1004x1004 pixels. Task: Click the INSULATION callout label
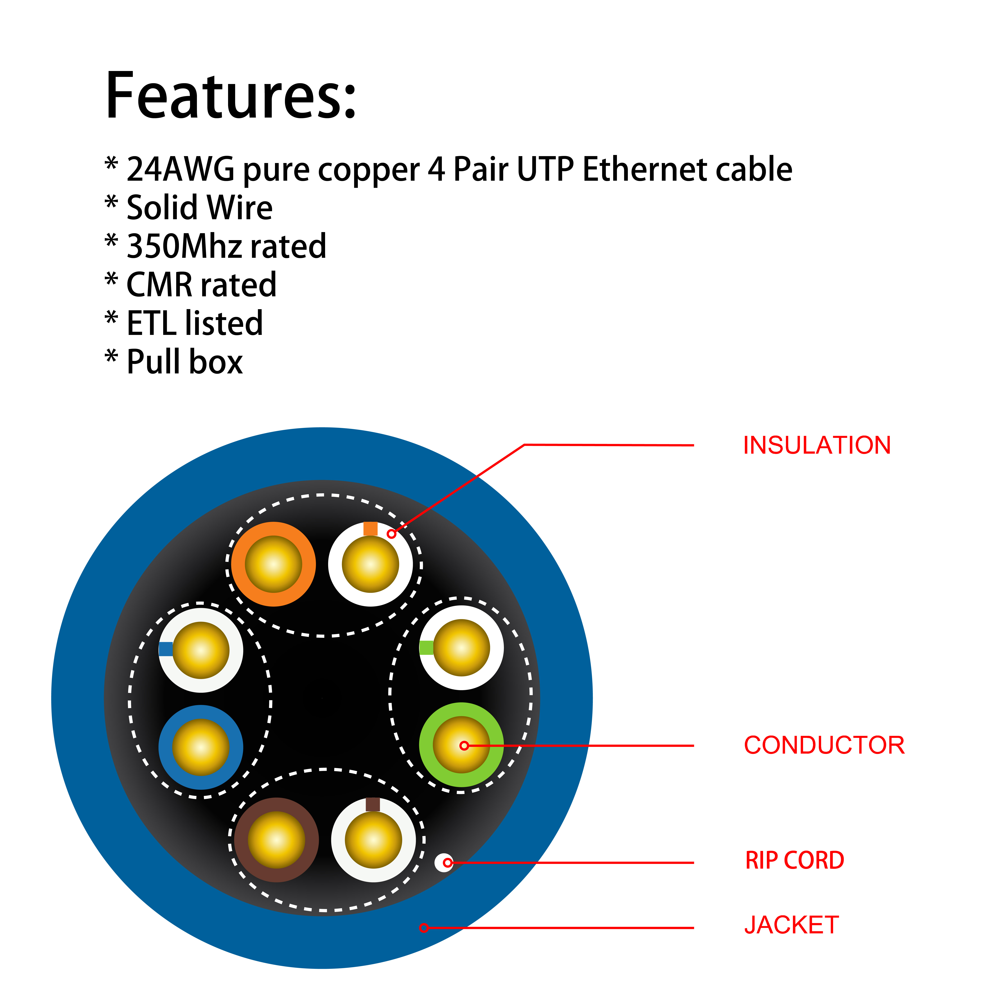pyautogui.click(x=817, y=445)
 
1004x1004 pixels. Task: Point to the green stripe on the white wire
pyautogui.click(x=426, y=647)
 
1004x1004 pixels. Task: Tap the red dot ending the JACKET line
pyautogui.click(x=424, y=928)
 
